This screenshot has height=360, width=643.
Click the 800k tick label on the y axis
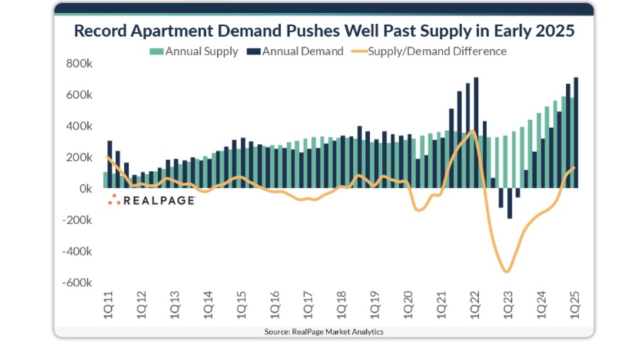click(x=80, y=63)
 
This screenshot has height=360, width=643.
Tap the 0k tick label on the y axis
click(x=85, y=188)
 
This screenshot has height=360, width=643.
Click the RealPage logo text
click(x=158, y=200)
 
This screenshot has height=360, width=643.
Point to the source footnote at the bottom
click(x=323, y=331)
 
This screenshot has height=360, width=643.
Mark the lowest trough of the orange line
click(x=506, y=271)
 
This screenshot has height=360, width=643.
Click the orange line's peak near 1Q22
click(x=472, y=131)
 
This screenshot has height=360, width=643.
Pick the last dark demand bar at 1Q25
click(x=576, y=133)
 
